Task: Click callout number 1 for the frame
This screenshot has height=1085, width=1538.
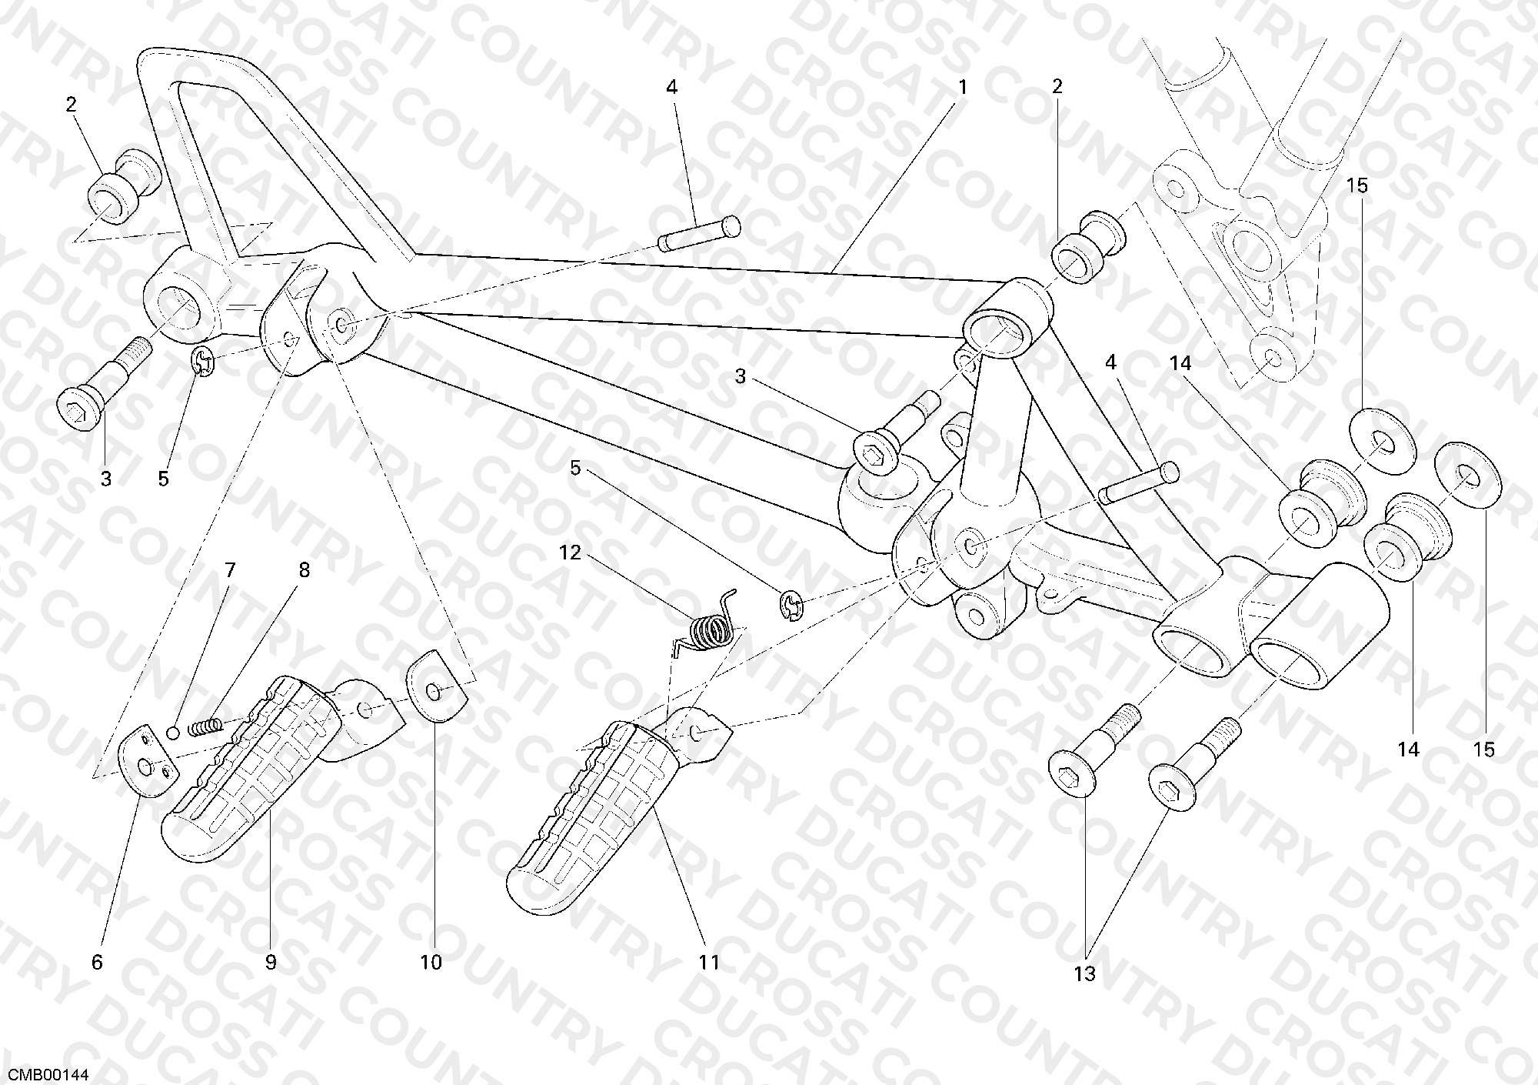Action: click(x=962, y=88)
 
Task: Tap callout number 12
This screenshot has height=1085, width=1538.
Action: click(x=571, y=552)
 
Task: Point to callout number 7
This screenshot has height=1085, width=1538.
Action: click(x=229, y=570)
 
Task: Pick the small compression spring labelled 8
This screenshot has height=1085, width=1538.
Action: click(x=205, y=726)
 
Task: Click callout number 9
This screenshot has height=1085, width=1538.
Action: click(x=271, y=962)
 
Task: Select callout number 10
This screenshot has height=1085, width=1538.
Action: click(x=431, y=962)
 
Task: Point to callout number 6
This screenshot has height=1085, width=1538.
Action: click(x=97, y=962)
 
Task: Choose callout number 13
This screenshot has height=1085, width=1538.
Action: click(x=1084, y=973)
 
